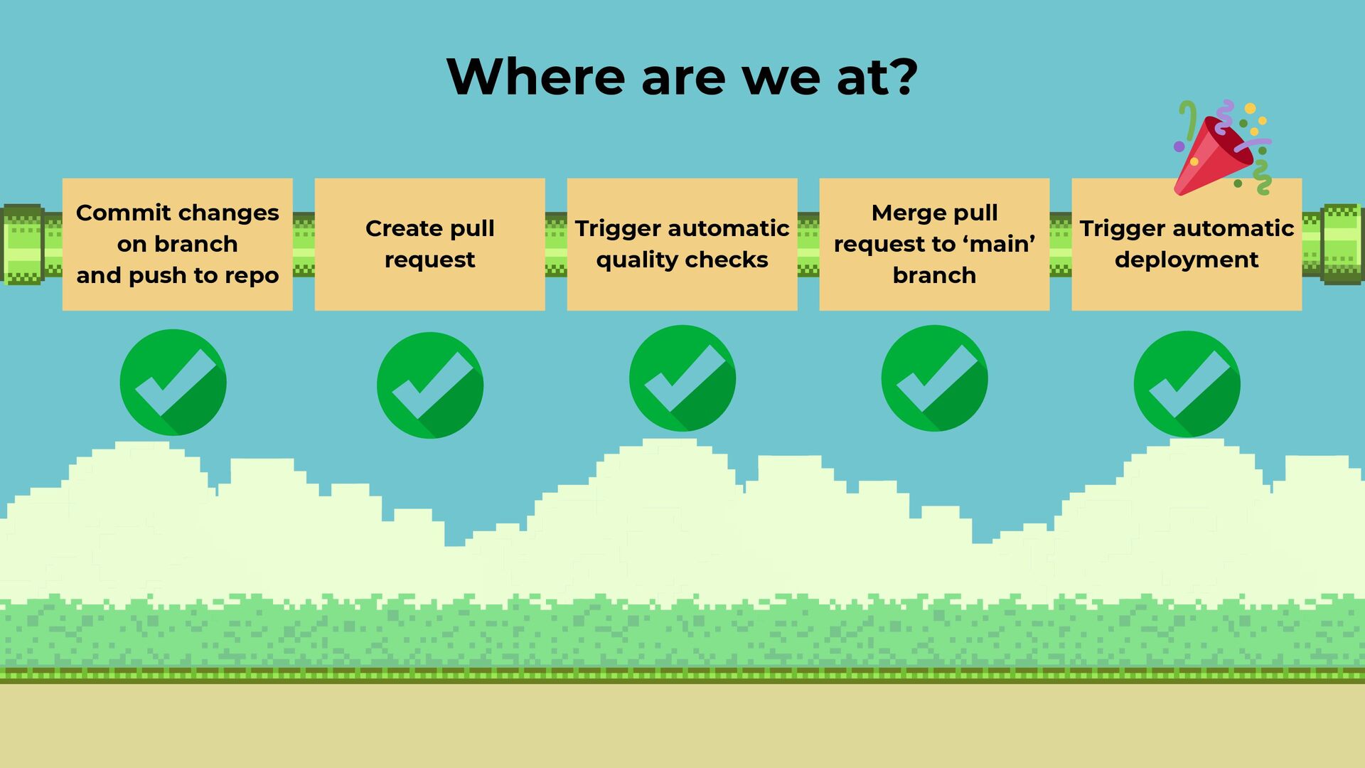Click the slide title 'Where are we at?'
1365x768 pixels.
[682, 76]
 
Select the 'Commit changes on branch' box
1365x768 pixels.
[177, 244]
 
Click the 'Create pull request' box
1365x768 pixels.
[429, 244]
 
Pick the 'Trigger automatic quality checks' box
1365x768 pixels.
[682, 244]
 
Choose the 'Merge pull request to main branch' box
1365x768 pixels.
[934, 244]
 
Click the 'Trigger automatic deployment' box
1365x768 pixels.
[1187, 244]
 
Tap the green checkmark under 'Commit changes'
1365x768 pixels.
[173, 382]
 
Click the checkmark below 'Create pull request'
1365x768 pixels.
[429, 385]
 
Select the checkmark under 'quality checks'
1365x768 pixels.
[682, 378]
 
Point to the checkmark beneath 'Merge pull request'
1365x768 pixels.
[934, 378]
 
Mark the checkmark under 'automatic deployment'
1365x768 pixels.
[1187, 384]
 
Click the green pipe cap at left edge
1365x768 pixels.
[23, 244]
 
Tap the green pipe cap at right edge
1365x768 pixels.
[1342, 244]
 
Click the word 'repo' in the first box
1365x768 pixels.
[252, 276]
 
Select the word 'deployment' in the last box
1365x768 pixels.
[1187, 260]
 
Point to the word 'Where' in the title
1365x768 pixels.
[535, 76]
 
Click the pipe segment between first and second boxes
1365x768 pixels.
[304, 244]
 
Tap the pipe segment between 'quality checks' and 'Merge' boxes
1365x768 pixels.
[808, 244]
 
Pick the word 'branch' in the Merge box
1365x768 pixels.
[934, 276]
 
